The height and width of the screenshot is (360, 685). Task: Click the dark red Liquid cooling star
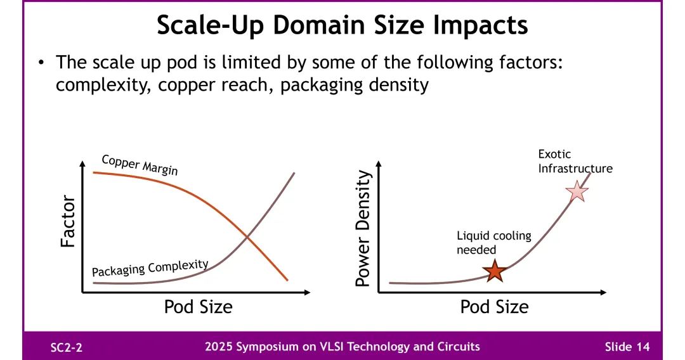494,271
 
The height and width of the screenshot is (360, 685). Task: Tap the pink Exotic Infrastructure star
577,191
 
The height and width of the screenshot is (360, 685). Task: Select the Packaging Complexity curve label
150,267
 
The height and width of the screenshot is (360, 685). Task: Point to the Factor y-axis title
68,221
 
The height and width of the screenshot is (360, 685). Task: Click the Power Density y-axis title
363,228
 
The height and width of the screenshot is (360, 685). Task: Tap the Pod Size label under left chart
198,307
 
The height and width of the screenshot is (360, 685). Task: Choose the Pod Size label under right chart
494,307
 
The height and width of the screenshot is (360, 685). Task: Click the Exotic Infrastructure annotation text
575,161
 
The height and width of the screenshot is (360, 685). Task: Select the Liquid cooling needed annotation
494,243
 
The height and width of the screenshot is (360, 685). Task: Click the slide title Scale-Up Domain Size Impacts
342,26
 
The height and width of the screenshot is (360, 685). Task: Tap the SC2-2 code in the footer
66,347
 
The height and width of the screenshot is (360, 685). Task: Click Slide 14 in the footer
627,347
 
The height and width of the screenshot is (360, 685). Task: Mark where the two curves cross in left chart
247,238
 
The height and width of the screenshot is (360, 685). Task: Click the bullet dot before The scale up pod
41,63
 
